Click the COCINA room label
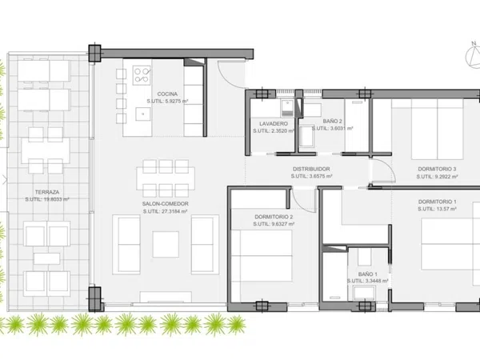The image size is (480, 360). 167,94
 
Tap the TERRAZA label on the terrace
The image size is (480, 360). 47,192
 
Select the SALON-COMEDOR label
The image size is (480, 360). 166,204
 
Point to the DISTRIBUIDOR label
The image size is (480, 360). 311,169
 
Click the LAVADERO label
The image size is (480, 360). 274,124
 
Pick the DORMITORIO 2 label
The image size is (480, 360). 274,217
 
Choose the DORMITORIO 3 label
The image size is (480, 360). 437,169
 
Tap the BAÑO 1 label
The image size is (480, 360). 368,274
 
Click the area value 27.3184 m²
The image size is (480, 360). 172,211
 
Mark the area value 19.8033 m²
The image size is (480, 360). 54,199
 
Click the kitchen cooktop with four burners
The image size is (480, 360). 142,75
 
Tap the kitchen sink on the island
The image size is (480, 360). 143,114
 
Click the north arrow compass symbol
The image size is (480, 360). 474,54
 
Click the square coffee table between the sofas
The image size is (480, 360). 166,244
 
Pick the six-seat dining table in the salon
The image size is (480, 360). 166,178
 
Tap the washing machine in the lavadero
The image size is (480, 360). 287,108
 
